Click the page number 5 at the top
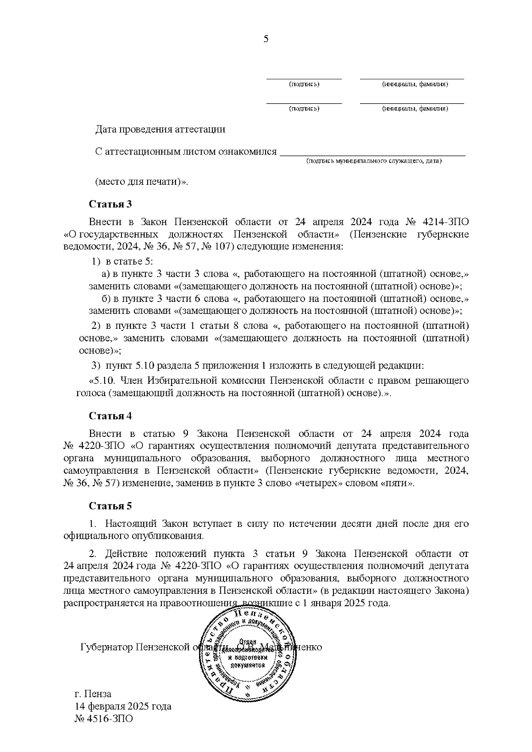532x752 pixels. point(266,39)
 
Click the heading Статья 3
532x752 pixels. point(110,204)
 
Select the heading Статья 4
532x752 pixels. point(110,416)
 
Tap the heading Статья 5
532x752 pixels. point(110,506)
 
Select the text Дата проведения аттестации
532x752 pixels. point(160,129)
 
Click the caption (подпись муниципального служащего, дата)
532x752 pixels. point(374,161)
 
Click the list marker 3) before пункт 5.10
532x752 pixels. point(96,366)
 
